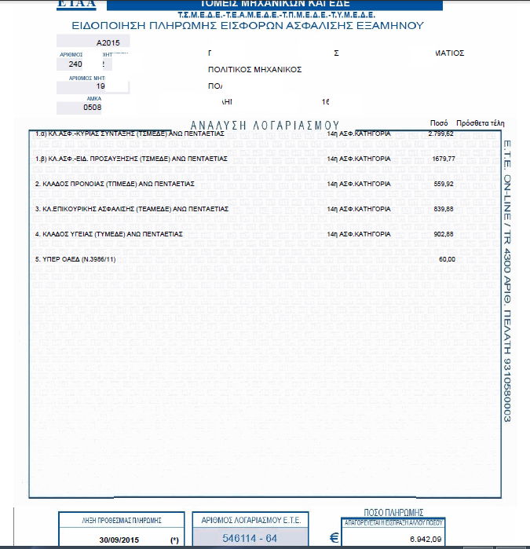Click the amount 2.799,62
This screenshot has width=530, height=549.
click(440, 134)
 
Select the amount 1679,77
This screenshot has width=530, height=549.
click(440, 159)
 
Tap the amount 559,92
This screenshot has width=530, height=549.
click(440, 184)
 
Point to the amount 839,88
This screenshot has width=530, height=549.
click(440, 210)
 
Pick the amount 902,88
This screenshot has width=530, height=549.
click(440, 234)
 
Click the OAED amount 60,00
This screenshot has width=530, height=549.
click(446, 259)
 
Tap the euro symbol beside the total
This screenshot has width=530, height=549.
click(334, 539)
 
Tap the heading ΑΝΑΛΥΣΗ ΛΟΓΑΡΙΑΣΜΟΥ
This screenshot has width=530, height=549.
click(265, 125)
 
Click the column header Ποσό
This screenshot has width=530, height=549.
click(439, 123)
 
